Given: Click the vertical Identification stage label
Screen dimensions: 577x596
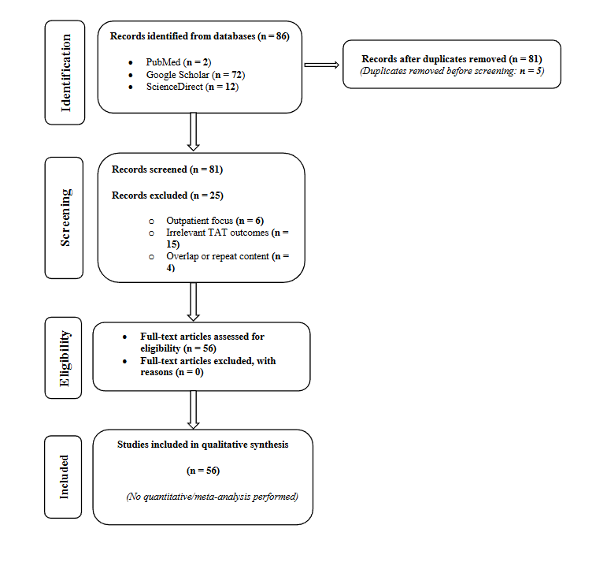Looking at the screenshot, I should point(66,73).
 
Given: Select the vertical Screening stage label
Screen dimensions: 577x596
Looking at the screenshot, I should point(66,218).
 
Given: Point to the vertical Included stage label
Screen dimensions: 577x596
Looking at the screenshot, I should point(65,476).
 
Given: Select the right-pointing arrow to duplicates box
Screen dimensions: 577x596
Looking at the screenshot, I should point(320,65).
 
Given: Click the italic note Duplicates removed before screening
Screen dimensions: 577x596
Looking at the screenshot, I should point(451,72).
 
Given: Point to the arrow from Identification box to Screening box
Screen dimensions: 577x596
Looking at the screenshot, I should point(194,132).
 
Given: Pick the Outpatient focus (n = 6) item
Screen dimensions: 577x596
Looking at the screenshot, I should point(210,220).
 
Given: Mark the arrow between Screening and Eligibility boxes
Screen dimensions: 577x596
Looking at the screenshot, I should point(194,301).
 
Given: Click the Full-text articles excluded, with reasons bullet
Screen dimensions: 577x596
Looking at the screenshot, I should point(208,367).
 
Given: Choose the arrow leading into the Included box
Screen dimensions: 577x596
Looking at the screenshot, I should point(194,409).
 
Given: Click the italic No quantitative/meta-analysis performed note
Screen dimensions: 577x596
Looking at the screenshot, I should point(212,497).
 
